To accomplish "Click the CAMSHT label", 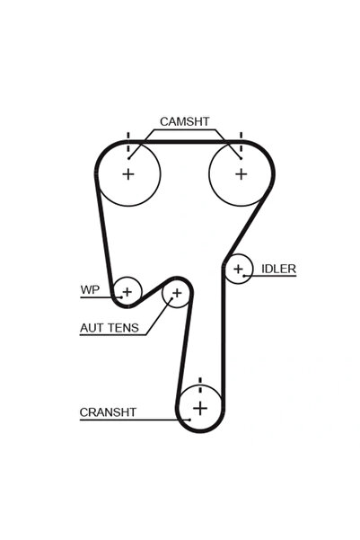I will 185,120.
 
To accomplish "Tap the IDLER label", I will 279,269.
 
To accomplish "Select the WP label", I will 89,290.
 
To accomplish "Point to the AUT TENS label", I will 109,328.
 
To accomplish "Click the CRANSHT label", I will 108,412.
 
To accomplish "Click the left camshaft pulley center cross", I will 127,174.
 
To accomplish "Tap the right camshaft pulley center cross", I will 240,174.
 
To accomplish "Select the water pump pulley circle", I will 127,290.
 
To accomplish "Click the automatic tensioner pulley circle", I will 177,293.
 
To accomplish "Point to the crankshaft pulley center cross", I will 199,409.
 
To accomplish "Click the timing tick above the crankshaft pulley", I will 199,382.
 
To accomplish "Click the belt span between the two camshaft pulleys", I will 184,142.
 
